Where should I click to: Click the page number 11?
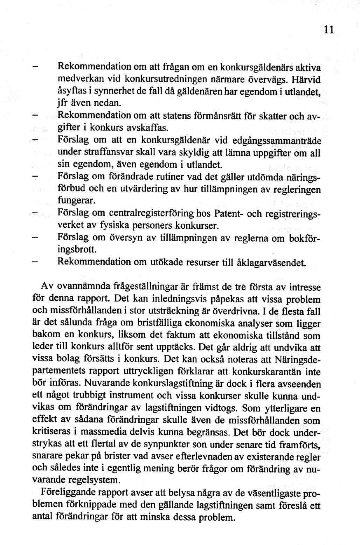click(x=328, y=30)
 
